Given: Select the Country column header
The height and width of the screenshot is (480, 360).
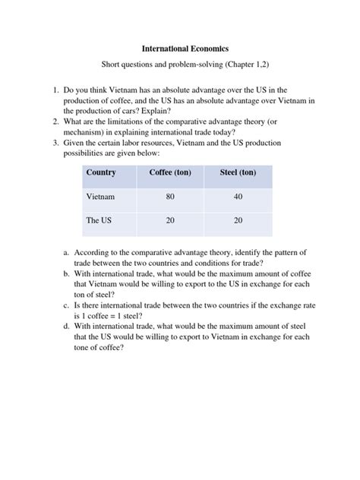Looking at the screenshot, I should click(101, 173).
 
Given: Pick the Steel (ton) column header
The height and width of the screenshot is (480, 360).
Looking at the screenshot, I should click(238, 173).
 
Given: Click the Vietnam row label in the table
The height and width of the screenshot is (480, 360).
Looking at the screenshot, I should click(101, 197).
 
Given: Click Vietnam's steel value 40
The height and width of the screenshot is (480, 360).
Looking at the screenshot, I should click(238, 197).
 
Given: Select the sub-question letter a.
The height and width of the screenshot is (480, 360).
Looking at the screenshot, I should click(67, 251).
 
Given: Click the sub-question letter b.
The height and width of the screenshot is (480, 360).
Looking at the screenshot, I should click(67, 273).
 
